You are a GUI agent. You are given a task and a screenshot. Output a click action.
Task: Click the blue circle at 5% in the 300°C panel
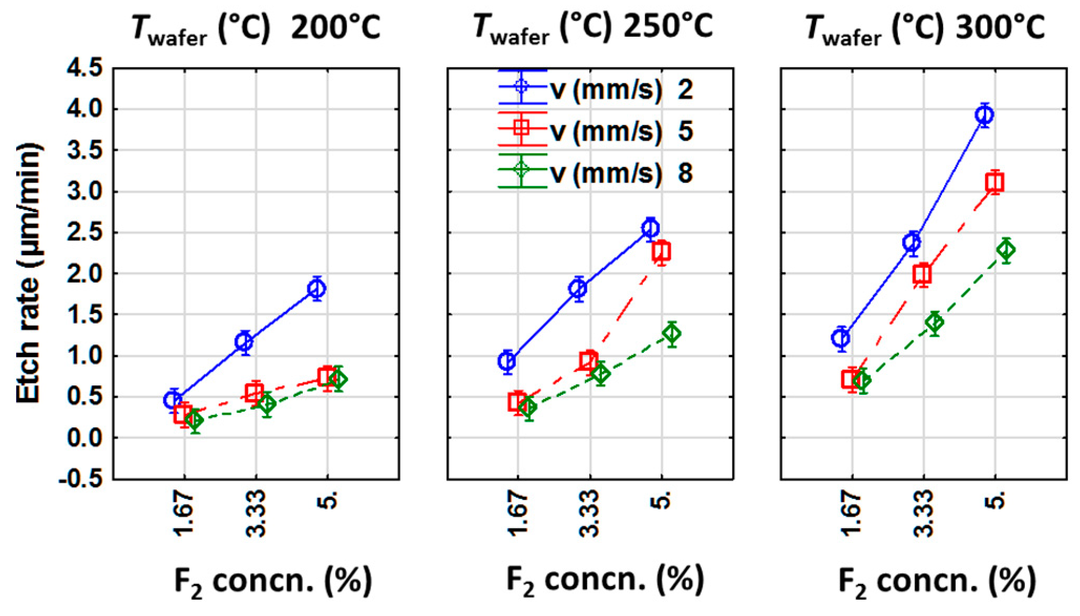[x=984, y=114]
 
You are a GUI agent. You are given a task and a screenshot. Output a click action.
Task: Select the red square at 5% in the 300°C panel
[x=995, y=182]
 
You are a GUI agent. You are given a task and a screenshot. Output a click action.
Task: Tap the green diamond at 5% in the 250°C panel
[x=672, y=333]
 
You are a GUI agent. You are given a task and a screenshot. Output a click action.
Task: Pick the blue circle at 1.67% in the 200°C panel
[x=173, y=400]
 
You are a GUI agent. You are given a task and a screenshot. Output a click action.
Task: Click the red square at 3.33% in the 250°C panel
[x=589, y=361]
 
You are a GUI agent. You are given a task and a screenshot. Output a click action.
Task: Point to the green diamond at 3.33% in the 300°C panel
[x=934, y=322]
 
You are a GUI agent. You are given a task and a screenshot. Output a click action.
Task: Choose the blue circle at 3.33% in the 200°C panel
[x=244, y=342]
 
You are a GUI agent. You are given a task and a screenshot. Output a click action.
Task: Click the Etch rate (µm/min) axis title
[x=28, y=273]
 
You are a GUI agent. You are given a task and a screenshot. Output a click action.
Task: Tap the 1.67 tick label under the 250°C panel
[x=517, y=513]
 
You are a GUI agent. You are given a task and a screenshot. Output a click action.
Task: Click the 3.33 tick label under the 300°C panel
[x=924, y=513]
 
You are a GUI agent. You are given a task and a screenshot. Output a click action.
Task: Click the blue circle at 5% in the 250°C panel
[x=651, y=228]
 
